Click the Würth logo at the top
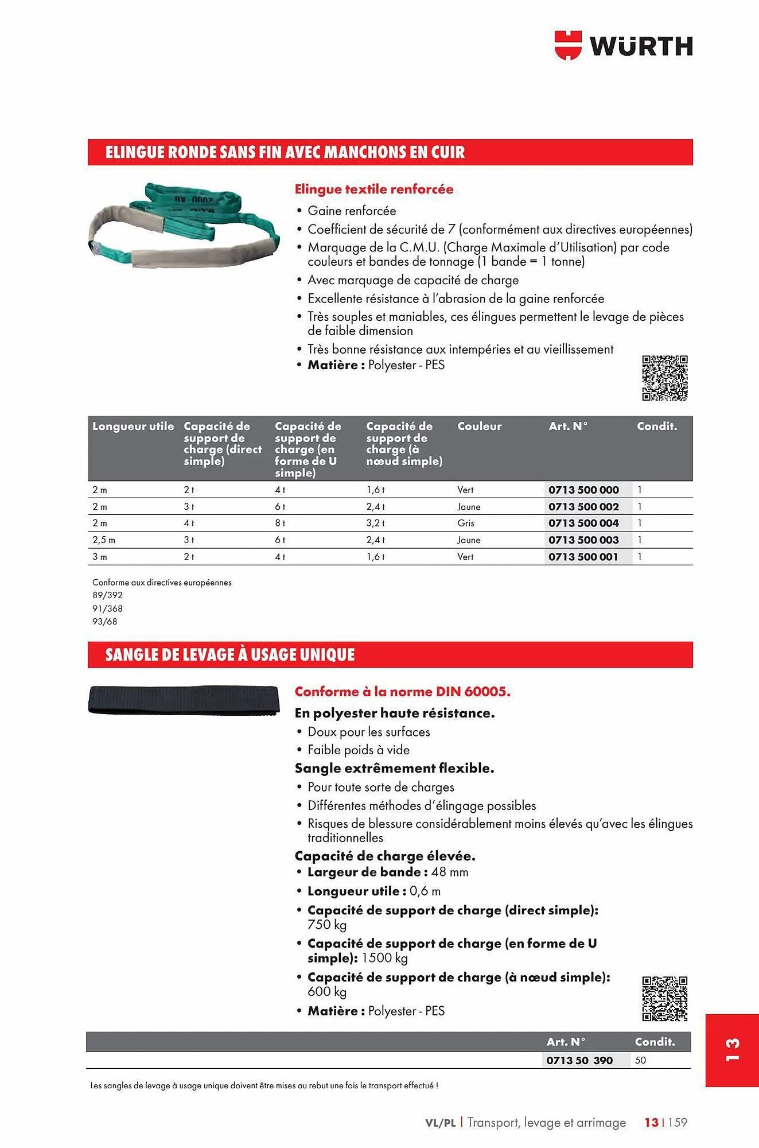click(x=624, y=45)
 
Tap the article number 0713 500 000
click(x=583, y=490)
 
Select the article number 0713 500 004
click(x=583, y=523)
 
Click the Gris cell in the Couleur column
click(x=466, y=523)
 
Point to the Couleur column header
click(x=479, y=426)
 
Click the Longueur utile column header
click(x=133, y=426)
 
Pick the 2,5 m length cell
click(x=104, y=540)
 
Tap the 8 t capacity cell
click(x=280, y=523)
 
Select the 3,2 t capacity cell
click(x=376, y=523)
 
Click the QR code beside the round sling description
click(x=664, y=378)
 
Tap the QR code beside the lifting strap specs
click(x=664, y=999)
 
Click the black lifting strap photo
click(x=184, y=700)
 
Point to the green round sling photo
click(x=184, y=225)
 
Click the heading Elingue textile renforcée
click(x=373, y=189)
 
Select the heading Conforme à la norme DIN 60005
click(x=402, y=691)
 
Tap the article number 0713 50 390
click(x=579, y=1060)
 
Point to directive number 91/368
click(x=107, y=608)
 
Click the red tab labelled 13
click(x=732, y=1050)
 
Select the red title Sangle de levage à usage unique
click(x=230, y=654)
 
